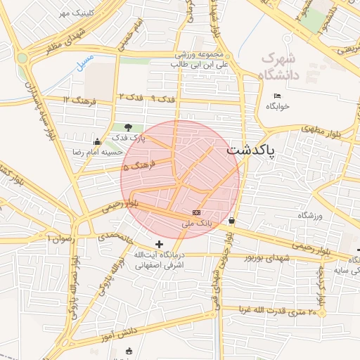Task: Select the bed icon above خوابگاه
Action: pyautogui.click(x=278, y=95)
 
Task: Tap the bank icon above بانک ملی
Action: pyautogui.click(x=196, y=212)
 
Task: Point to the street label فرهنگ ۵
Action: pyautogui.click(x=135, y=168)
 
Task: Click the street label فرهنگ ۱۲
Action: pyautogui.click(x=77, y=100)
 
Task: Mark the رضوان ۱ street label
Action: pyautogui.click(x=60, y=239)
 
